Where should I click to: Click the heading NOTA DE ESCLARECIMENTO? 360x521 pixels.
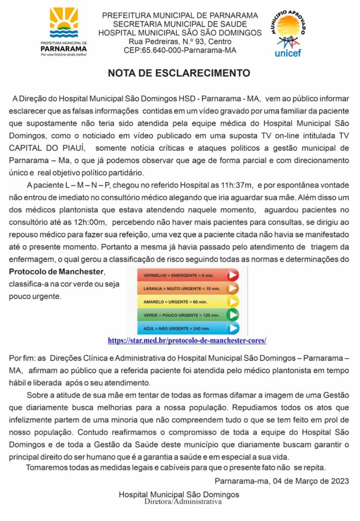(x=179, y=73)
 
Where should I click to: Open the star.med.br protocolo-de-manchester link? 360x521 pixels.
(x=187, y=340)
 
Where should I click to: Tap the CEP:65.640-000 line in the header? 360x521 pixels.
(x=180, y=50)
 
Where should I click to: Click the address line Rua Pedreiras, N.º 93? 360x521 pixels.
(x=180, y=41)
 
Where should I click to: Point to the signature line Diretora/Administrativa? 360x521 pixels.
(x=183, y=502)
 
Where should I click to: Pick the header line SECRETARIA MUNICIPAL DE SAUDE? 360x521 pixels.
(x=180, y=24)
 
